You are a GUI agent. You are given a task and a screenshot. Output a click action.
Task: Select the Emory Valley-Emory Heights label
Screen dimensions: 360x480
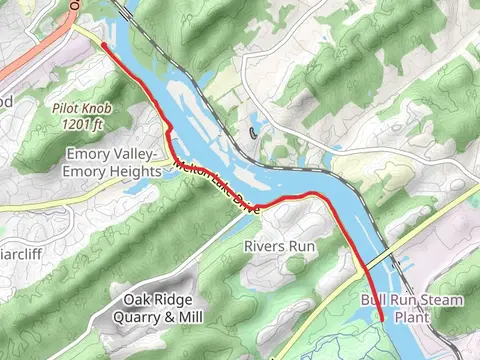(x=113, y=162)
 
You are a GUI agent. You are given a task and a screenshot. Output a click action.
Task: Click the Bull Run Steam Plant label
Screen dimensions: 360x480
(x=412, y=308)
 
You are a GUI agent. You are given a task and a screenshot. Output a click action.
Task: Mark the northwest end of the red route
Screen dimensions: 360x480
(x=103, y=44)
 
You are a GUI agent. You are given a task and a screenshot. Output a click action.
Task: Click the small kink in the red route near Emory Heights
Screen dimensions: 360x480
(x=169, y=134)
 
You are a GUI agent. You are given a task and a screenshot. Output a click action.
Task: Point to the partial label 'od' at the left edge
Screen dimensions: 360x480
(x=6, y=100)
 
